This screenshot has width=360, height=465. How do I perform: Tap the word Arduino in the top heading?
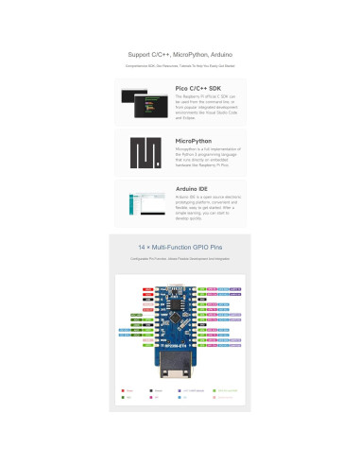coord(219,54)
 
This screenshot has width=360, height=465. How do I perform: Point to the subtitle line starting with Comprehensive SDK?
coord(180,66)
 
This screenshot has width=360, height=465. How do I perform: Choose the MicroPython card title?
coord(193,140)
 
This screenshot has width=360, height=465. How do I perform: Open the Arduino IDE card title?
coord(193,189)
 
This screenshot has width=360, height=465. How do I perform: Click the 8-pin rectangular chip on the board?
coord(180,307)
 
